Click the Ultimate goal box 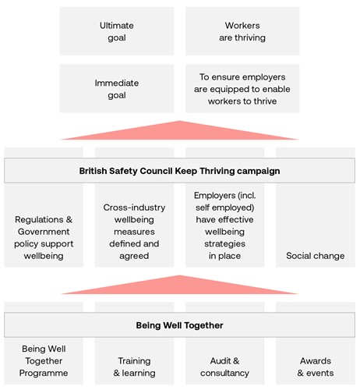pos(117,31)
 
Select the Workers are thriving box pos(242,31)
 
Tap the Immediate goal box pos(117,89)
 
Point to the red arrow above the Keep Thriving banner pos(179,130)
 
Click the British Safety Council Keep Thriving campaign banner pos(179,171)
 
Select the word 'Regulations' pos(39,220)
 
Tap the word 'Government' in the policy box pos(44,232)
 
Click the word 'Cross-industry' pos(134,207)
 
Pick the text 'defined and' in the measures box pos(134,243)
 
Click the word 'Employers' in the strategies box pos(214,196)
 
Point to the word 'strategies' pos(224,244)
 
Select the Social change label pos(316,256)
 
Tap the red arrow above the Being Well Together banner pos(179,285)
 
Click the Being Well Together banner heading pos(179,325)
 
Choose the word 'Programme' pos(44,373)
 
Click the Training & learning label pos(134,367)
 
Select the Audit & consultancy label pos(224,367)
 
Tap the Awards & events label pos(316,367)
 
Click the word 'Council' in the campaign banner pos(156,171)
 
